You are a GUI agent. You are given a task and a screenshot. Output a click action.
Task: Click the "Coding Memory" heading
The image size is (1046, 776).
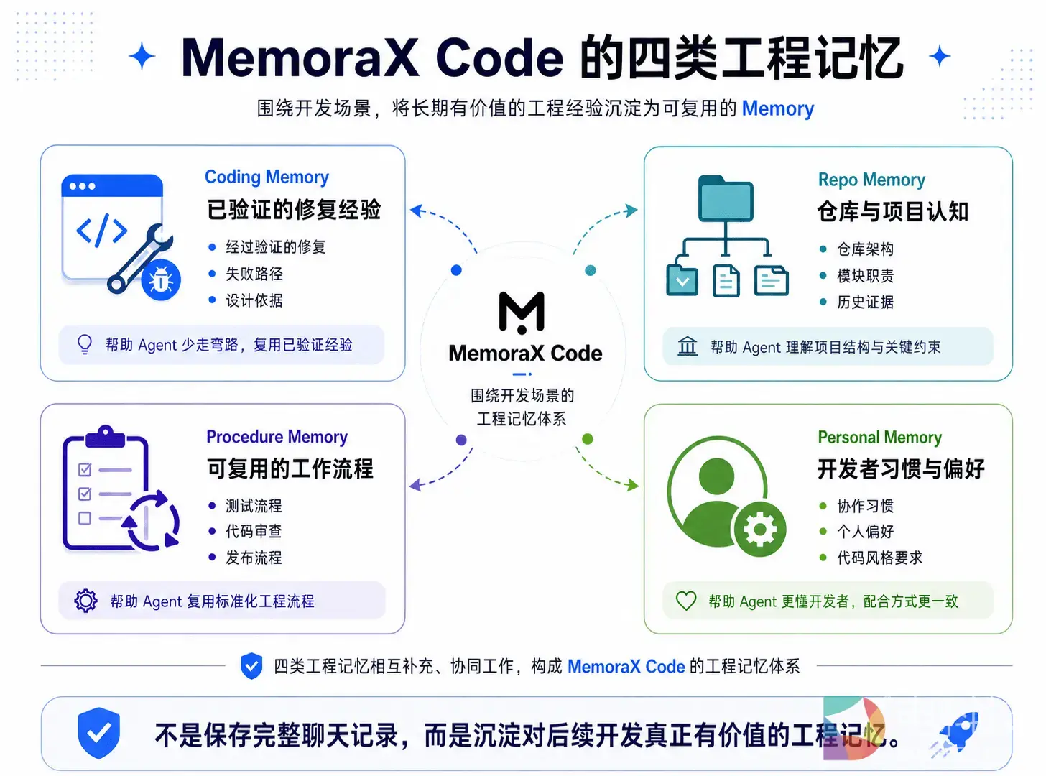pos(267,177)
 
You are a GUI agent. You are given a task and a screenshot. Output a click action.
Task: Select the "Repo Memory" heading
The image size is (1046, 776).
pos(871,180)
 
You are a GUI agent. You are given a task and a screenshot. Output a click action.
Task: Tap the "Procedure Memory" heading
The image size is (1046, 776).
pos(277,437)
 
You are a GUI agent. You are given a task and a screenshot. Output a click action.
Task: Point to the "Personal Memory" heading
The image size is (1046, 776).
pos(879,438)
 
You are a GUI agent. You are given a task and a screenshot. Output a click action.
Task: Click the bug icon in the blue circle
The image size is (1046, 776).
pos(161,280)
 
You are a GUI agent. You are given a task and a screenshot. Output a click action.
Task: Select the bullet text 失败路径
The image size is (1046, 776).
pos(254,274)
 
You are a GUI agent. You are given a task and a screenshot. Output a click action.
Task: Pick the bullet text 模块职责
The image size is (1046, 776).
pos(866,275)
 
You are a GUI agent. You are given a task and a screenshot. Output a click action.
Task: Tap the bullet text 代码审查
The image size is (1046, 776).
pos(254,532)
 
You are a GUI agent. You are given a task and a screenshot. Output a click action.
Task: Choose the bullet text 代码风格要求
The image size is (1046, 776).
pos(879,558)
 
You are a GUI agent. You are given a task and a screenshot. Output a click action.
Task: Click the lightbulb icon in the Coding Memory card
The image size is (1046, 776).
pos(85,344)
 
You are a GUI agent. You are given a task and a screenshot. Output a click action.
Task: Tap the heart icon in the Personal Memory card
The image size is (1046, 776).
pos(685,601)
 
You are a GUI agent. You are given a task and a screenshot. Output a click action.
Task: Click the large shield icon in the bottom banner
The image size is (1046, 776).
pos(98,733)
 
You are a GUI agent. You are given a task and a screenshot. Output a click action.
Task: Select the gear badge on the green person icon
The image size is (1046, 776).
pos(760,529)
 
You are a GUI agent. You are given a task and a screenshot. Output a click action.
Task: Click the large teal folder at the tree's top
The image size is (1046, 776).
pos(726,198)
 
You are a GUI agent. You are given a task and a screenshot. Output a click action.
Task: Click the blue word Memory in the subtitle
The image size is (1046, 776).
pos(777,108)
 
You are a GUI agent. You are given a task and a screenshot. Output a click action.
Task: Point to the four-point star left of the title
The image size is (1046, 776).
pos(142,56)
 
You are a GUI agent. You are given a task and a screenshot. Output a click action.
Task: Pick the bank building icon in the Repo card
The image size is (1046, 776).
pos(687,346)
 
